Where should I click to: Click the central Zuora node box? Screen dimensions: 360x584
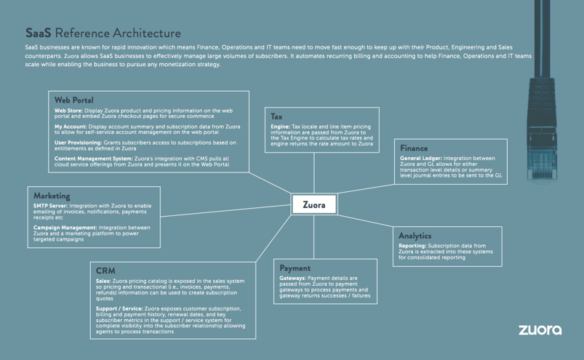[314, 204]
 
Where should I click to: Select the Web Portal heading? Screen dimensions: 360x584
[73, 100]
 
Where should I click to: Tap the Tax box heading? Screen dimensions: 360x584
[276, 116]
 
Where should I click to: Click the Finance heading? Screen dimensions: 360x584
[414, 148]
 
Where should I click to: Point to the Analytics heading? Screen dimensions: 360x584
[415, 236]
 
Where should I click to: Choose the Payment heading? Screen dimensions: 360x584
[295, 268]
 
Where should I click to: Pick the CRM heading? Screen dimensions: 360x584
[105, 271]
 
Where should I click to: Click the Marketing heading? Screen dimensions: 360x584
[52, 196]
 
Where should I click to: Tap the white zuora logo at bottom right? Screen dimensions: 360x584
[540, 329]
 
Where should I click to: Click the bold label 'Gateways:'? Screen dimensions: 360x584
[293, 279]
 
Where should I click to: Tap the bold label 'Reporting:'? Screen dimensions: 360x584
[412, 246]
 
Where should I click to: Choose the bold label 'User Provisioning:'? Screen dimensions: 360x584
[78, 143]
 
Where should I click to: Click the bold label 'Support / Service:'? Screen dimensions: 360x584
[119, 308]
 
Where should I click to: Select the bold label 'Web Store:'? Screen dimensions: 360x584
[68, 111]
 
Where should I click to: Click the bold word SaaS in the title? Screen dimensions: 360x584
[38, 33]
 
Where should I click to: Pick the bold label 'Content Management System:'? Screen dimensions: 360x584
[92, 159]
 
